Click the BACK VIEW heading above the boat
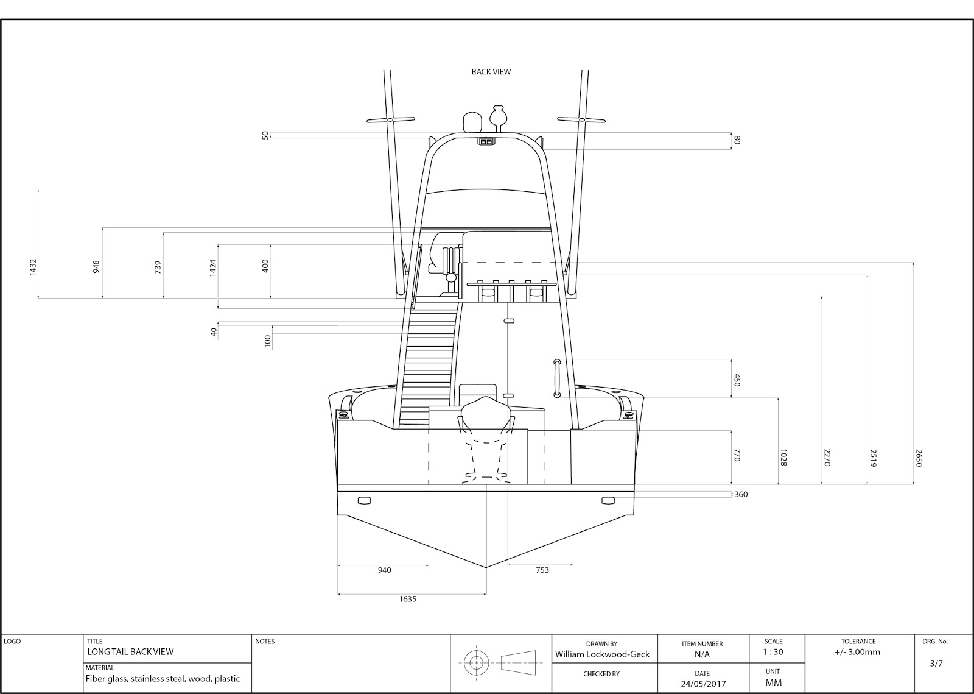pos(491,72)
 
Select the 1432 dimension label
pos(33,266)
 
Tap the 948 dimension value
pos(96,266)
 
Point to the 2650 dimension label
pos(919,458)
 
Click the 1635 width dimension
pos(408,599)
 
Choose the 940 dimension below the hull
pos(384,570)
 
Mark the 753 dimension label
pos(542,570)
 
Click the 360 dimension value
pos(740,494)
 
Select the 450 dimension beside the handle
pos(736,380)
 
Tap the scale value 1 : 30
pos(773,652)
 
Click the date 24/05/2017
pos(702,684)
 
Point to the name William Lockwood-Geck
pos(602,654)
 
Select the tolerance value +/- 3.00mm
pos(858,652)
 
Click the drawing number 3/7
pos(936,664)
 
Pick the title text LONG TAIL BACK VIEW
pos(130,652)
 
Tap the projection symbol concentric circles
pos(475,662)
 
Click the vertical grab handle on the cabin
pos(556,378)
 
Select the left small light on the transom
pos(364,501)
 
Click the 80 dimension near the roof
pos(737,140)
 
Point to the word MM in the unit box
pos(773,683)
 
